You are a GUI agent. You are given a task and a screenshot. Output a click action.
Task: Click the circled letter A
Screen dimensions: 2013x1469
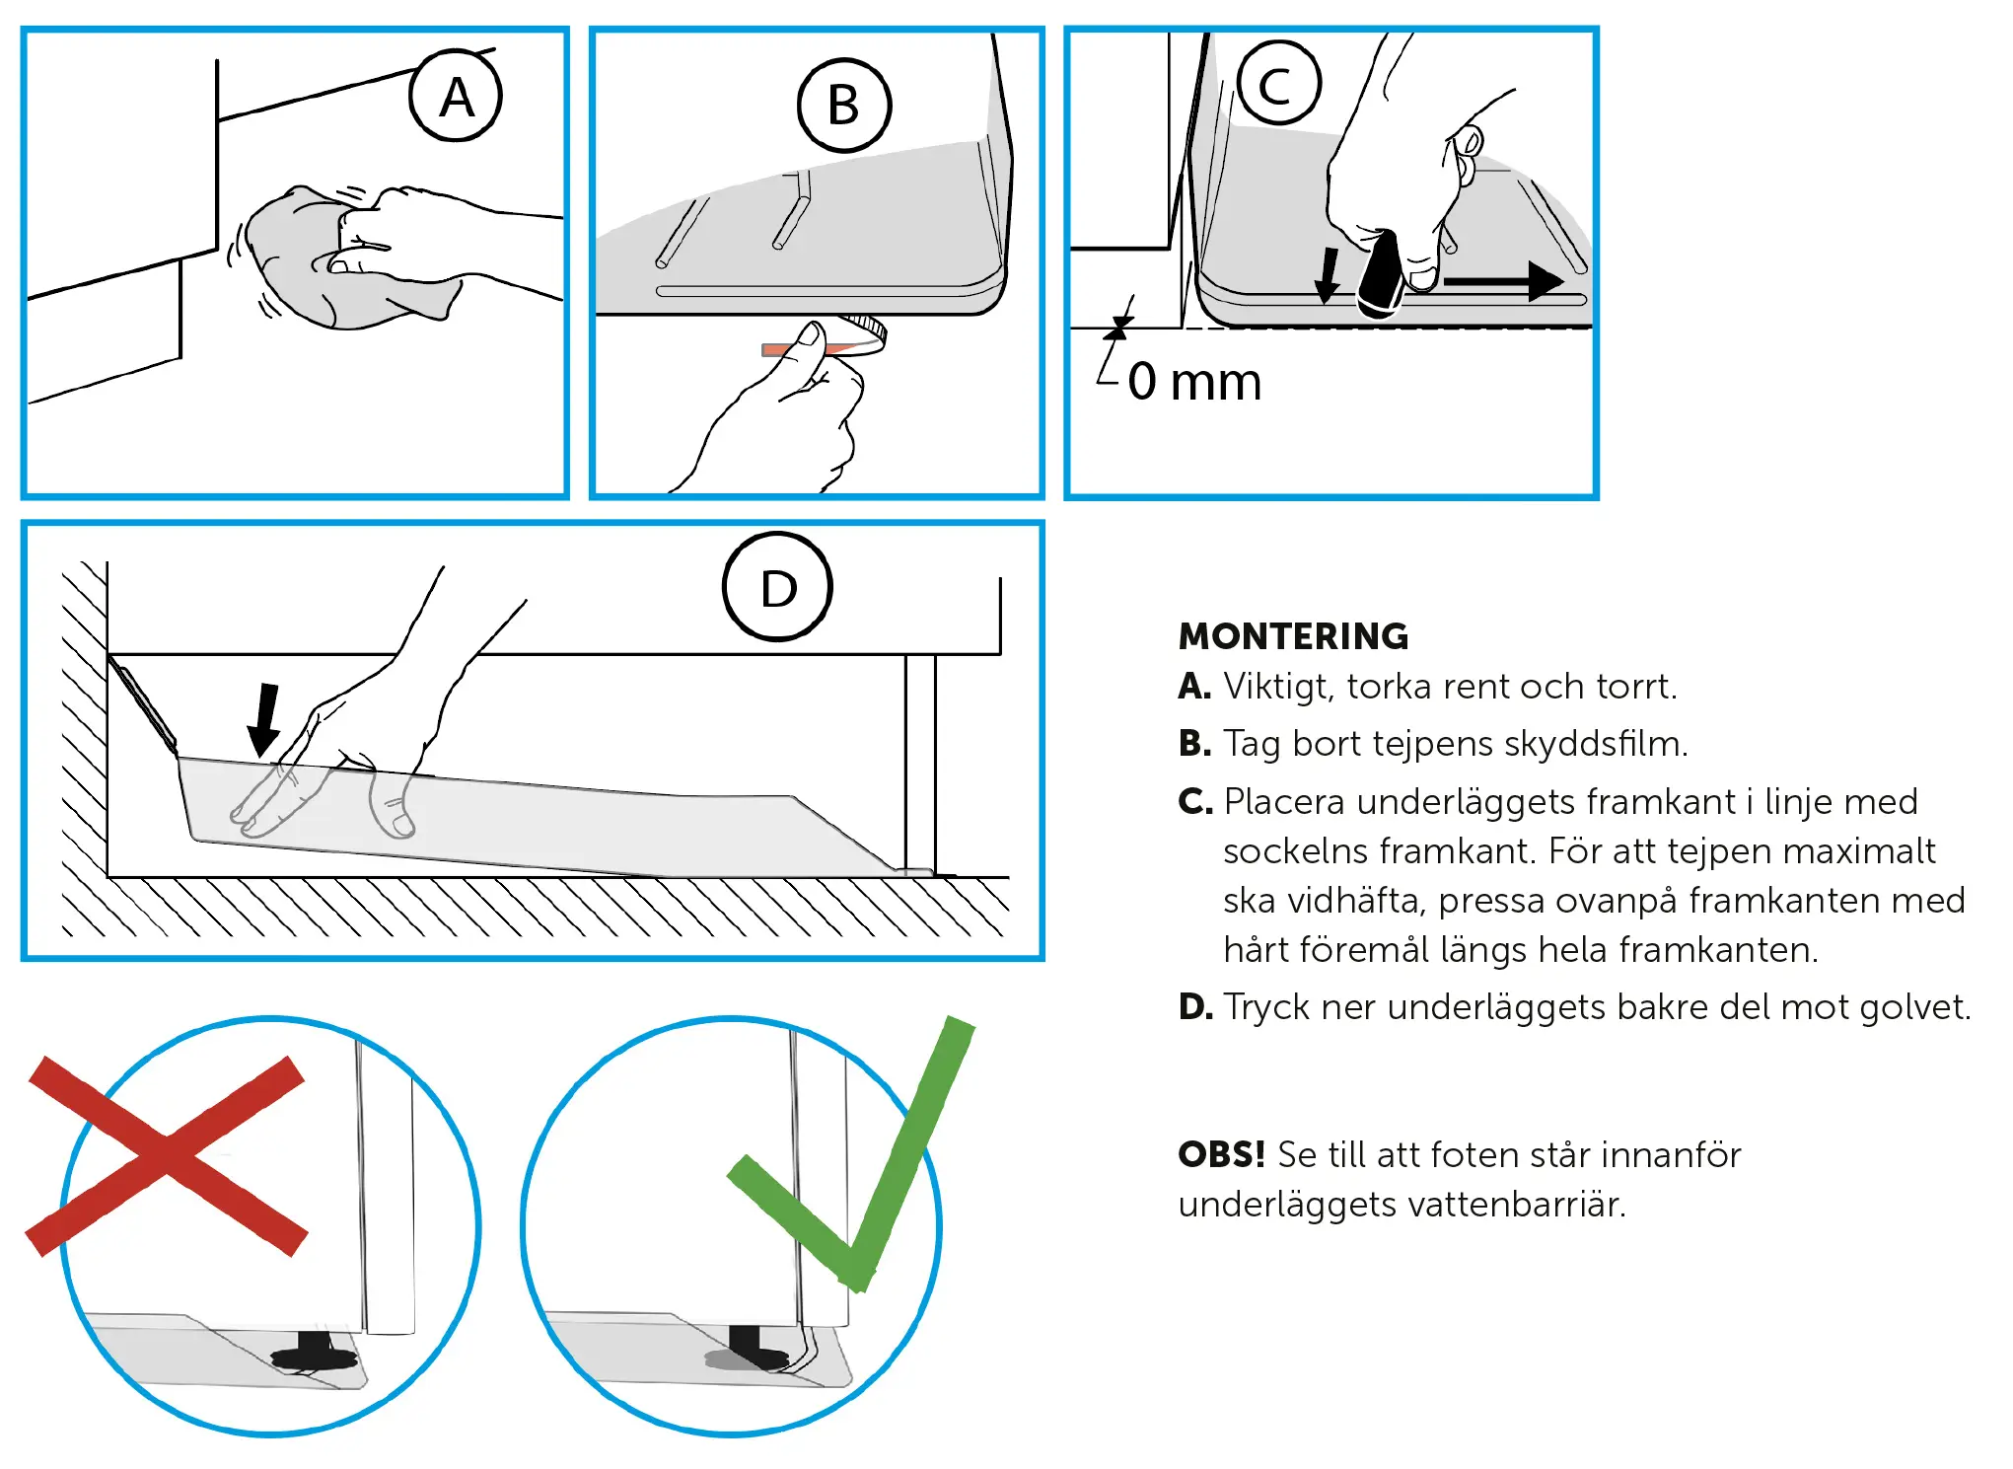point(456,96)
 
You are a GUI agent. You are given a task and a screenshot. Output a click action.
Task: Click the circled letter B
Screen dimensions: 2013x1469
point(844,105)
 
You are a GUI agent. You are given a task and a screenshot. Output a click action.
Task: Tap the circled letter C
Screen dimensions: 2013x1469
point(1278,83)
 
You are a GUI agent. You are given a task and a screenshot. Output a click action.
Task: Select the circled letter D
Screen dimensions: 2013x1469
point(778,587)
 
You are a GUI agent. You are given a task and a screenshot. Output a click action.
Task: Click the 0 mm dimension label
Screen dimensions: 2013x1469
point(1194,382)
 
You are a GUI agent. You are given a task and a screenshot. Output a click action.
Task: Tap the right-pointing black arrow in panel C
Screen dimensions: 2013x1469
point(1504,281)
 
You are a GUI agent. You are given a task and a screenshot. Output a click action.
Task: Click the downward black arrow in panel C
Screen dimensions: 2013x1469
point(1328,275)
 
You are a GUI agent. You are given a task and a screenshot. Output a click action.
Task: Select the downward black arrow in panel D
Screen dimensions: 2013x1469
point(264,720)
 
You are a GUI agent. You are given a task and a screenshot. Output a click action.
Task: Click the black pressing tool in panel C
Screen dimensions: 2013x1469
point(1381,273)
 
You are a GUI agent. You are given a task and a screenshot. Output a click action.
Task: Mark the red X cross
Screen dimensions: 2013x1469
point(167,1156)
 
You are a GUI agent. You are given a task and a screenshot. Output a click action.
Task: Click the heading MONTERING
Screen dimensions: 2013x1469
point(1293,636)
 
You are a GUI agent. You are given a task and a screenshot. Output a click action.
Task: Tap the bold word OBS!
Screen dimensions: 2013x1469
point(1221,1154)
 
